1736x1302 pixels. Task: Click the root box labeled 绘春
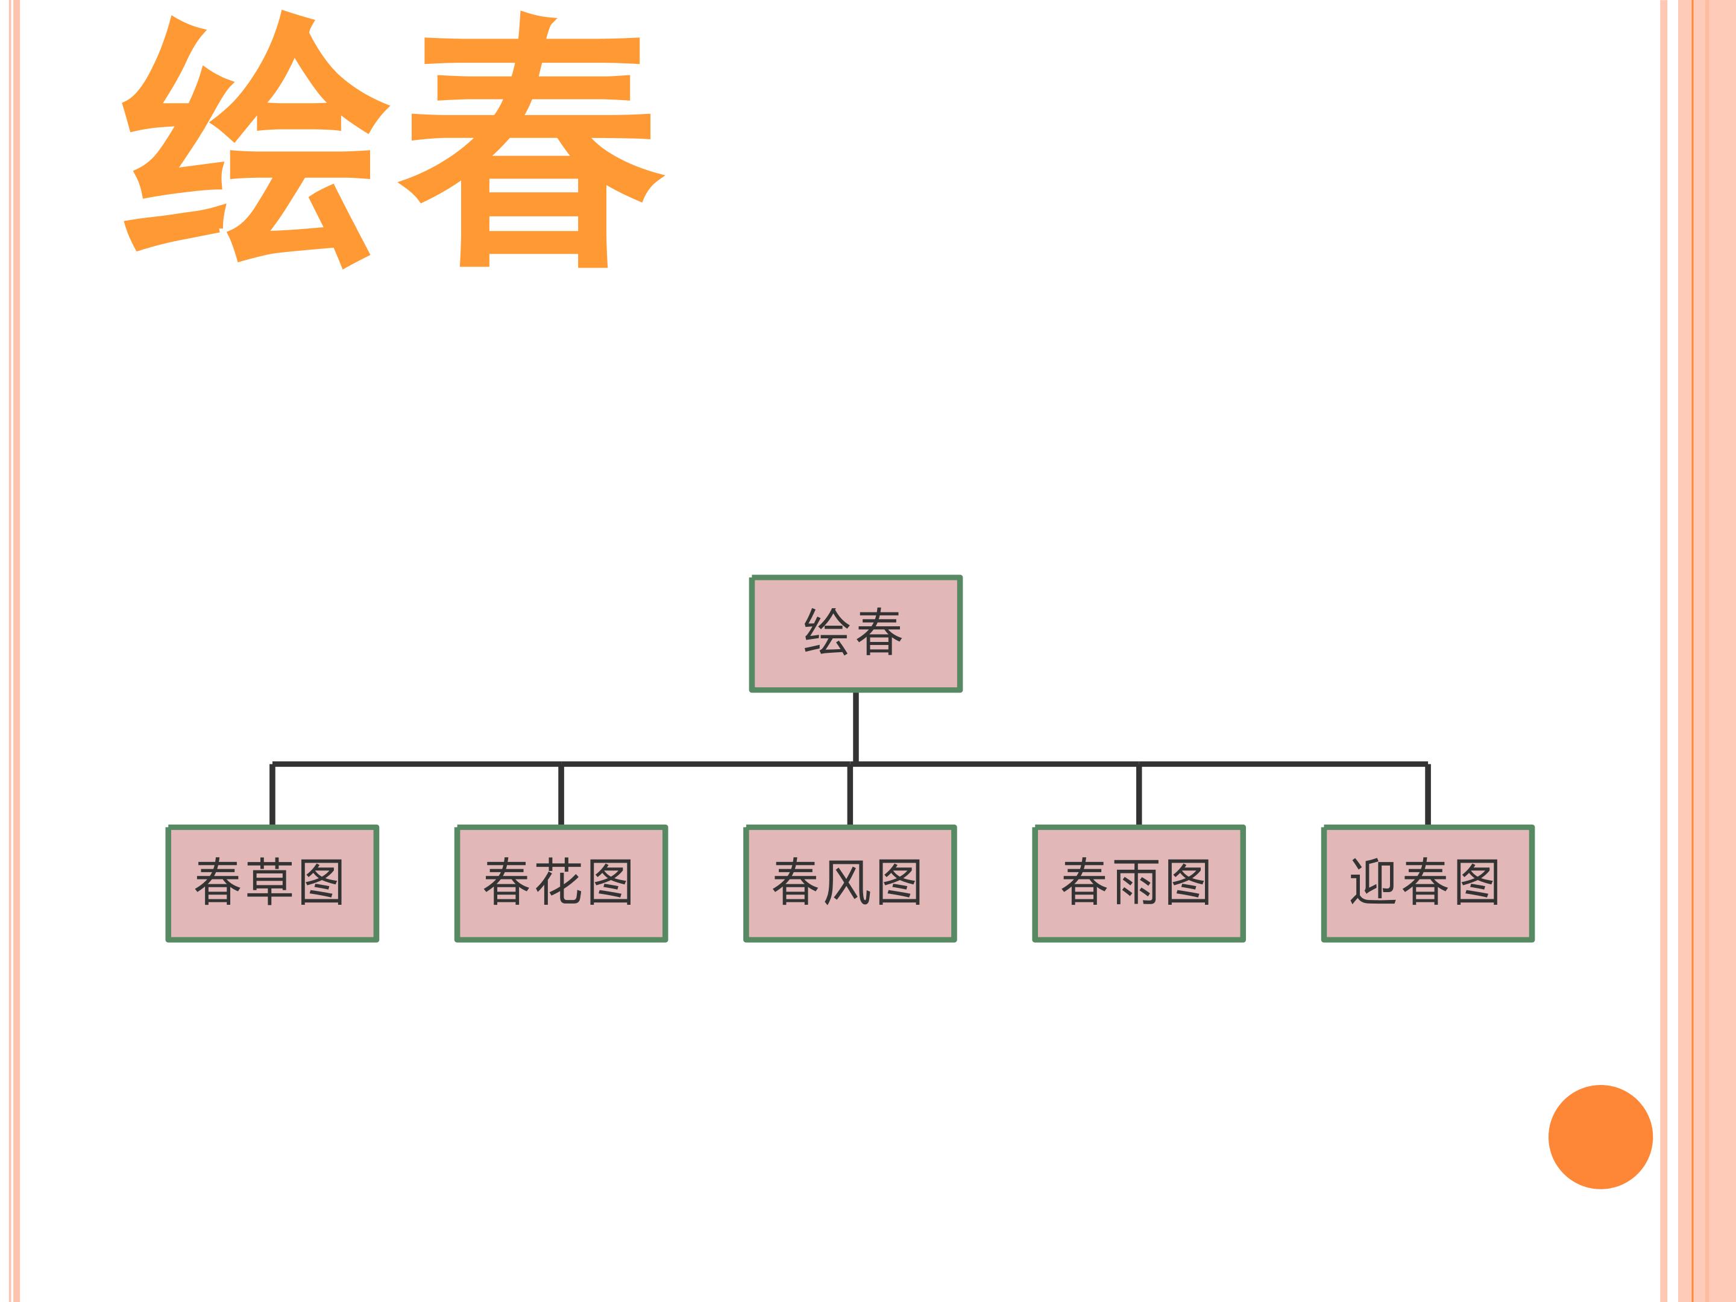(x=855, y=634)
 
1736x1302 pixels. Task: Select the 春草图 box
(x=272, y=883)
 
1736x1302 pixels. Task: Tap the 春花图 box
(x=561, y=883)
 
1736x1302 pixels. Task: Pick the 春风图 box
(x=850, y=883)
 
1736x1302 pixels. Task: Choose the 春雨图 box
(x=1139, y=883)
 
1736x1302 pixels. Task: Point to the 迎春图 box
(x=1427, y=883)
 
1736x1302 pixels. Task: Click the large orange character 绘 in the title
(x=255, y=141)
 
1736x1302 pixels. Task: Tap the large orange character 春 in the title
(x=531, y=140)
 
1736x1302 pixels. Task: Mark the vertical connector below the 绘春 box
(x=855, y=728)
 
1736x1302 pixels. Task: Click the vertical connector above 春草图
(x=272, y=794)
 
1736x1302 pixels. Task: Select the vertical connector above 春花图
(x=561, y=794)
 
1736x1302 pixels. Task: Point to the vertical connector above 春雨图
(x=1139, y=794)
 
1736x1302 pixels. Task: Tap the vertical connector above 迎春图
(x=1427, y=794)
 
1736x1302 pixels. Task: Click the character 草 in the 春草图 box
(x=270, y=882)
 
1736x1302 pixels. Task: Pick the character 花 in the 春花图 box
(x=559, y=882)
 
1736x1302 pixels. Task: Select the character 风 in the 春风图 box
(x=848, y=882)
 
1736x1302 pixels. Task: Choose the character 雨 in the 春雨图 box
(x=1136, y=882)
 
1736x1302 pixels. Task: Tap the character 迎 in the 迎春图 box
(x=1373, y=882)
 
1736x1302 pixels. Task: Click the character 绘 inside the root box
(x=827, y=632)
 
